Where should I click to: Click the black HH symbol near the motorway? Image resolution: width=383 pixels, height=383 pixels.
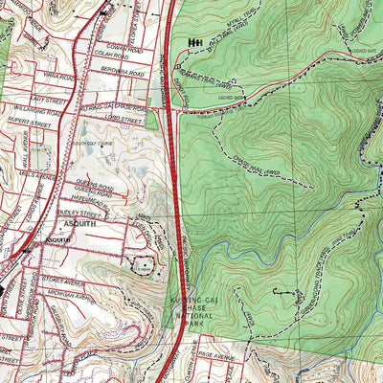[x=198, y=43]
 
